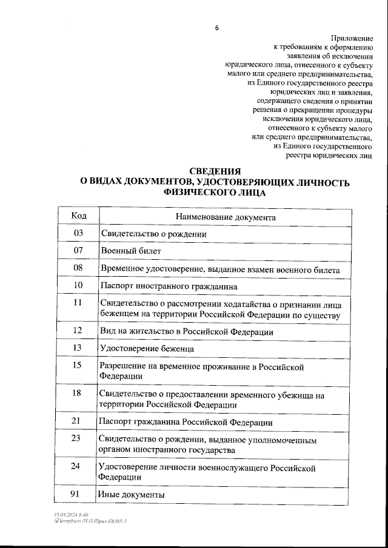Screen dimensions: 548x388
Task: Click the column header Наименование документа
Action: click(226, 217)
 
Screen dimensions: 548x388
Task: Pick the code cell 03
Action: click(78, 233)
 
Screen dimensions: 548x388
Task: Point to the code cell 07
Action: click(78, 250)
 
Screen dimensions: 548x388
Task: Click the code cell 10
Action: click(78, 285)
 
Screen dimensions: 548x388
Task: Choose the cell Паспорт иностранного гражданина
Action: click(169, 285)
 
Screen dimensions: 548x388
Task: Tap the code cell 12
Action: click(77, 331)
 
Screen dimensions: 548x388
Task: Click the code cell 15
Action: click(77, 365)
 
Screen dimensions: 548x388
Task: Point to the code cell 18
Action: click(77, 394)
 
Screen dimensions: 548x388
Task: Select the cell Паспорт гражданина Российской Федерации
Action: click(185, 421)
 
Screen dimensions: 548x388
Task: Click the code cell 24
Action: click(77, 466)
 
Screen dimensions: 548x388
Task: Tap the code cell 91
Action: click(77, 494)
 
